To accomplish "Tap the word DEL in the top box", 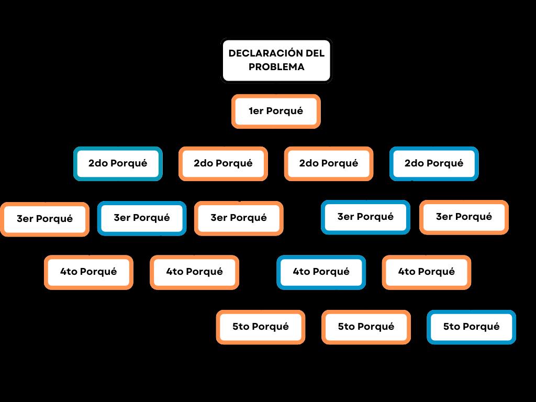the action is coord(315,53).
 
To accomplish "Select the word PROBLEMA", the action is coord(276,67).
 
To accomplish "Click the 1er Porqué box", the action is coord(276,111).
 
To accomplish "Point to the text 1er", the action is coord(256,111).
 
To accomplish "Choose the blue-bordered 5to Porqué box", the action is coord(471,327).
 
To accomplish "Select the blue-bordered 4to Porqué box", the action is coord(321,272).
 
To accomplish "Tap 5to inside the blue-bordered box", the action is coord(452,327).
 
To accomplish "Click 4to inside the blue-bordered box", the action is coord(301,272).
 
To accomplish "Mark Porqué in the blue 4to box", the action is coord(330,272).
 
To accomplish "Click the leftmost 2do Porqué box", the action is coord(118,163).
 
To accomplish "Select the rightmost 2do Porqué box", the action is coord(434,163).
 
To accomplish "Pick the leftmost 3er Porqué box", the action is coord(44,219).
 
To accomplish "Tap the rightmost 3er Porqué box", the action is coord(464,217).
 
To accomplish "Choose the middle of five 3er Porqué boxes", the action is coord(239,218).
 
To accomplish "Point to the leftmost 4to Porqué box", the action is coord(88,272).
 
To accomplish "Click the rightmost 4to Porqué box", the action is coord(427,272).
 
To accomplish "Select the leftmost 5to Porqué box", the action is coord(261,327).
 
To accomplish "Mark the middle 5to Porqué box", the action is coord(366,327).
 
